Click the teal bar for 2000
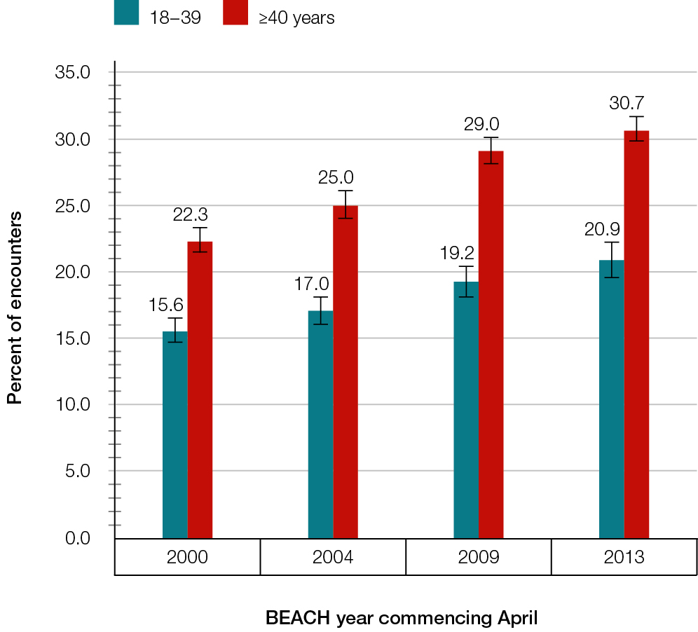174,434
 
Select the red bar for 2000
200,390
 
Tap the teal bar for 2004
320,424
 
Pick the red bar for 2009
491,344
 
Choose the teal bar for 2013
611,399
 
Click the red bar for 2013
636,334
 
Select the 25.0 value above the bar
336,177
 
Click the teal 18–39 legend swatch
127,14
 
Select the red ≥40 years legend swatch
235,14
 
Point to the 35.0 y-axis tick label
73,72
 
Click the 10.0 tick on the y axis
73,404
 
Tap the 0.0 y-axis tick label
77,537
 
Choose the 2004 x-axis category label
333,558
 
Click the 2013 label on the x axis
624,558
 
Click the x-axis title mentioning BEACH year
402,618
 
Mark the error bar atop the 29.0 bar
491,150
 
